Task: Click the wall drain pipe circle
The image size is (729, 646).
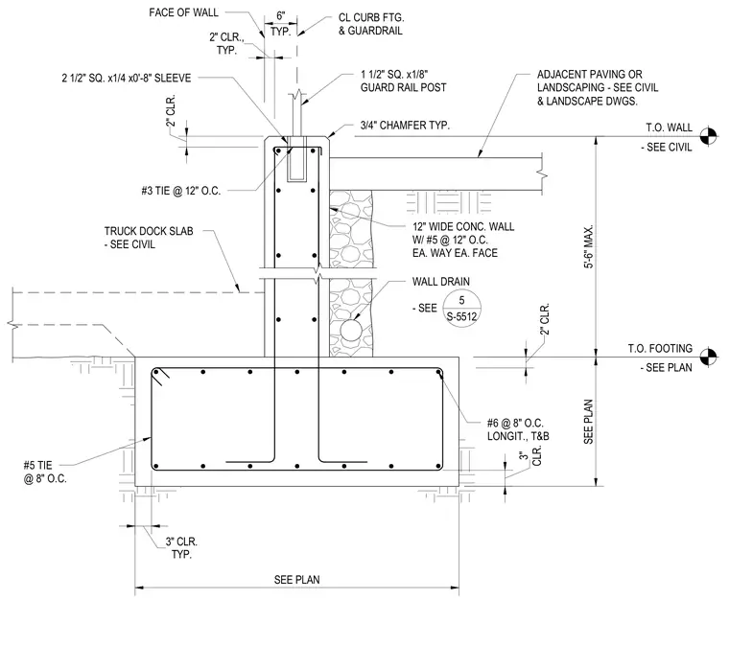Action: click(351, 331)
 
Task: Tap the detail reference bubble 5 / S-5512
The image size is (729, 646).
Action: click(461, 309)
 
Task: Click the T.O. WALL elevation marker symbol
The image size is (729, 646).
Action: click(708, 135)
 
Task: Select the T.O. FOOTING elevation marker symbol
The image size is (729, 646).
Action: click(708, 357)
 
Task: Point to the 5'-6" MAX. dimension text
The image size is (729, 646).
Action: click(589, 246)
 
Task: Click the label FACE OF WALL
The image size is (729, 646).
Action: click(183, 12)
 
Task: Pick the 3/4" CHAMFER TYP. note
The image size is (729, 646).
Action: click(405, 126)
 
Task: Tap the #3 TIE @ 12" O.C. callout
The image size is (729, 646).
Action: click(181, 191)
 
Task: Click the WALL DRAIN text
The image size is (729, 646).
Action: click(440, 282)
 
